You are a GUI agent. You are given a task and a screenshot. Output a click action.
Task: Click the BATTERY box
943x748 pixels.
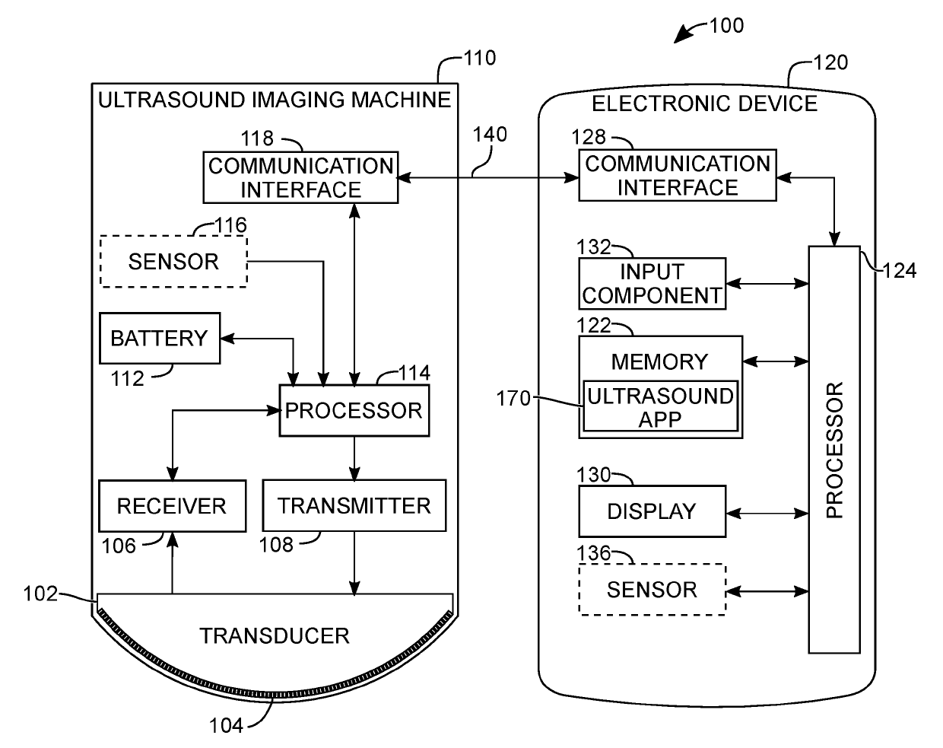160,338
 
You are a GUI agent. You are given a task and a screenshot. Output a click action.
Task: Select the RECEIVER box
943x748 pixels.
172,506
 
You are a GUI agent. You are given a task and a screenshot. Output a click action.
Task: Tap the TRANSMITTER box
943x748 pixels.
354,505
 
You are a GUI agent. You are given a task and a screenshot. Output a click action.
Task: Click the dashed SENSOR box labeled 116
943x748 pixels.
173,262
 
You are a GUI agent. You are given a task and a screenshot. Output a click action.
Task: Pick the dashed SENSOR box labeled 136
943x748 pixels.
652,590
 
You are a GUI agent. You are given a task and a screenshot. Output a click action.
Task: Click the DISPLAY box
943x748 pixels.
652,511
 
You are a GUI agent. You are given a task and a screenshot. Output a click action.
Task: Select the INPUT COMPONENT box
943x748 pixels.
652,284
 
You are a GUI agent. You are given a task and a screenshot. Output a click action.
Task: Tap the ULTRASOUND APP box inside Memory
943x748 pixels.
660,406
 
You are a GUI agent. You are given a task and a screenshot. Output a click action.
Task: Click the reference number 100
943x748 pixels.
726,25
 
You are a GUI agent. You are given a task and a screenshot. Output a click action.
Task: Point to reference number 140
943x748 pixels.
490,135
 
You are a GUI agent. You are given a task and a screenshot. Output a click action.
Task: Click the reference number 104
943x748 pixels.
226,725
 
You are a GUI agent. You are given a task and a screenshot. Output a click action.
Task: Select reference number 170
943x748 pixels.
513,398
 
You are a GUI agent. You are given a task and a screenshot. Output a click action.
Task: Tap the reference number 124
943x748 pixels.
900,270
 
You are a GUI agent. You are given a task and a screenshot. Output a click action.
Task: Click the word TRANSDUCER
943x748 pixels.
274,635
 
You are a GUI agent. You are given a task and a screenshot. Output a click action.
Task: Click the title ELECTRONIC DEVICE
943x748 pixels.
704,103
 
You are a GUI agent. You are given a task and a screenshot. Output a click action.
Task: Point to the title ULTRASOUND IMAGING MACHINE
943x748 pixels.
275,100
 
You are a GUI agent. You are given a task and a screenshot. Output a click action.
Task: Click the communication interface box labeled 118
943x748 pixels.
300,177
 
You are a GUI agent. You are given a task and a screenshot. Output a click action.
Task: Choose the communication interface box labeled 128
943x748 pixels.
677,176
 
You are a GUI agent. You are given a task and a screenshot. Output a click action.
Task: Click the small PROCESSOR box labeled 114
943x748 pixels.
354,411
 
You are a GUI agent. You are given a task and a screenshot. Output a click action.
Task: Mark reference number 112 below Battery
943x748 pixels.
127,378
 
